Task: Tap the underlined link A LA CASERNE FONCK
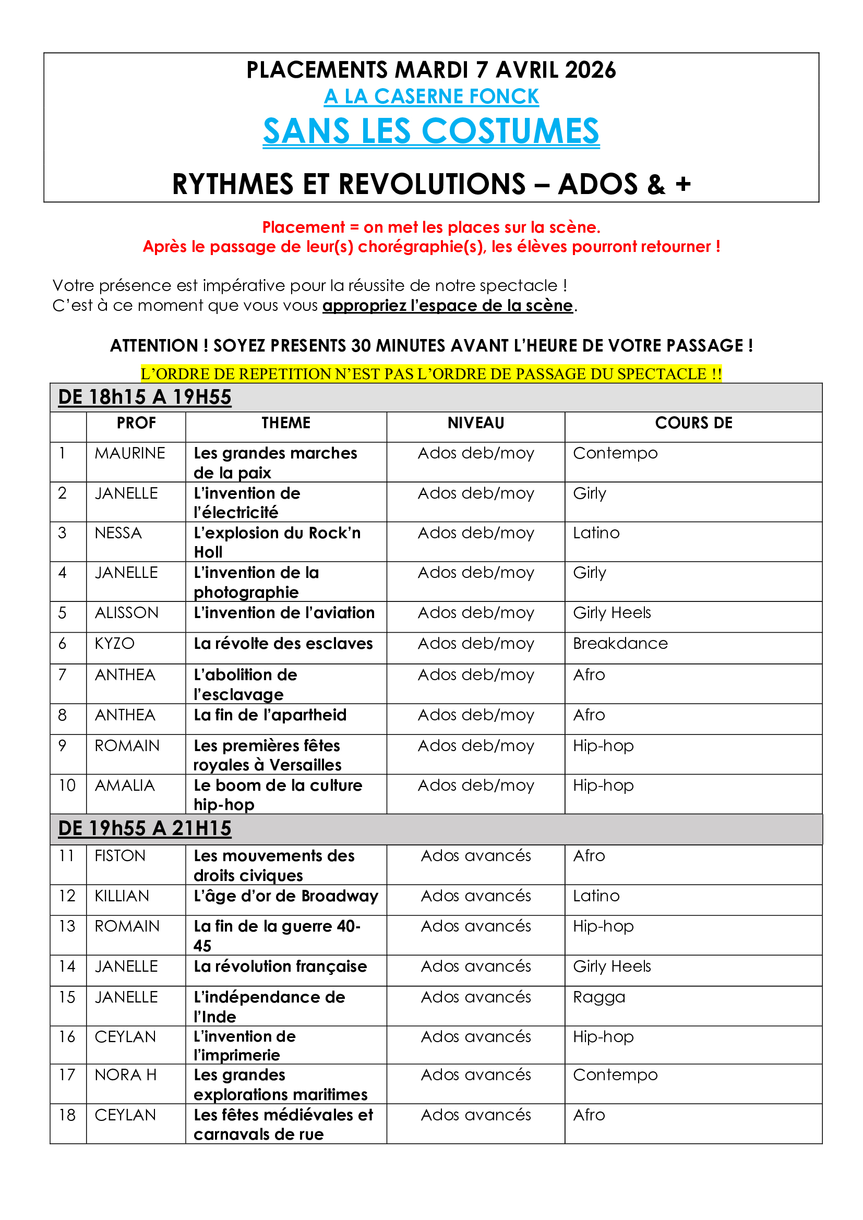431,96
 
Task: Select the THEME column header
286,423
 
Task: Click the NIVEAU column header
476,423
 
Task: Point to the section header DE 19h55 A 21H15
145,828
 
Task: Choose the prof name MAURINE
130,453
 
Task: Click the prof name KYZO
114,644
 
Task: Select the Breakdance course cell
620,644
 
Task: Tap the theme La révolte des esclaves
283,644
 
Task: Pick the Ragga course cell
599,997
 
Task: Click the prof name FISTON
120,856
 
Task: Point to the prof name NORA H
125,1075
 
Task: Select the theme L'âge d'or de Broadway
286,897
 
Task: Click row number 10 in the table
67,786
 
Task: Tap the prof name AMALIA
125,786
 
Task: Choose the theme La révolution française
280,967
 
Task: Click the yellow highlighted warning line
431,373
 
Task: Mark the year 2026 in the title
591,70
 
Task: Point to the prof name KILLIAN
122,896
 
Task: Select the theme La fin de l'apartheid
270,715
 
